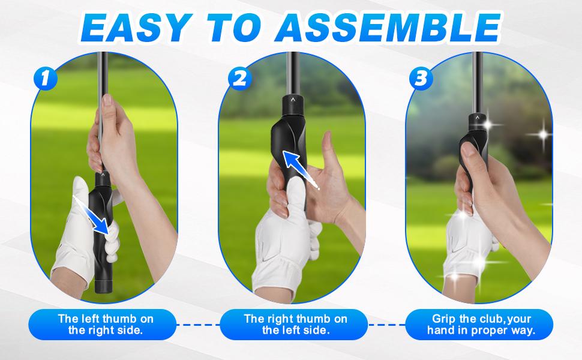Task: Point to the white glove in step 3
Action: click(465, 240)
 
